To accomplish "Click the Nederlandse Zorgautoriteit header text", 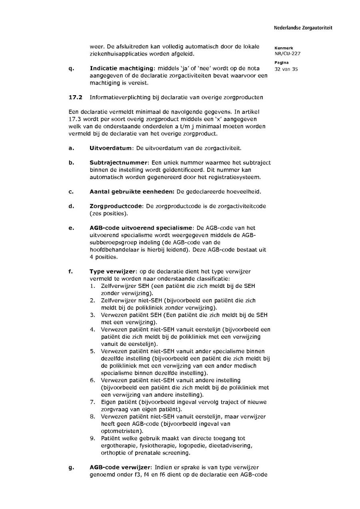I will [x=303, y=28].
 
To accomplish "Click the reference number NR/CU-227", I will [x=287, y=54].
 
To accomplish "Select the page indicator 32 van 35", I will [x=286, y=69].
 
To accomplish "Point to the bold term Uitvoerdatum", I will [x=111, y=148].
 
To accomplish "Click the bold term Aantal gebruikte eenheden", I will [x=132, y=192].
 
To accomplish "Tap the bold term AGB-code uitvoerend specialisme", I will [x=141, y=228].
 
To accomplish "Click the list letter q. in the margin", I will [x=71, y=68].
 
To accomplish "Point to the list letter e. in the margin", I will [x=71, y=228].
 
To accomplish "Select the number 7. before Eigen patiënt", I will [x=92, y=402].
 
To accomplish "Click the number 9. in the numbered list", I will [x=92, y=439].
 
